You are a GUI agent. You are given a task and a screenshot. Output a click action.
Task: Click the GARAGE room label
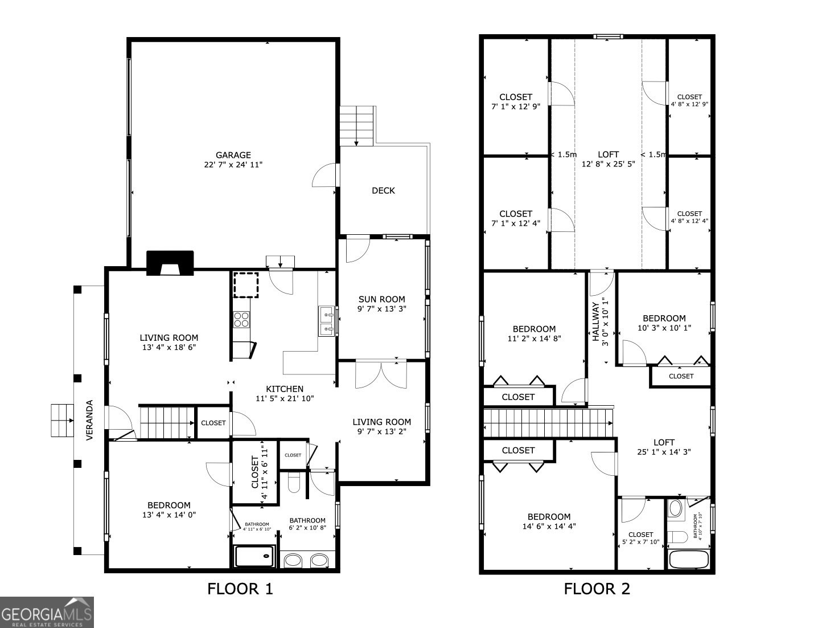click(233, 155)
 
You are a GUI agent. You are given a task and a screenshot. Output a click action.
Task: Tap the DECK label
click(383, 190)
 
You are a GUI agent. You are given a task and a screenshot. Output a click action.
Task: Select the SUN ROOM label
click(381, 299)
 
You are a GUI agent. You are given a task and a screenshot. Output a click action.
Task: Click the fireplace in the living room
click(170, 263)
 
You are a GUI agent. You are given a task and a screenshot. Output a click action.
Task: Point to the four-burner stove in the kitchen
click(241, 319)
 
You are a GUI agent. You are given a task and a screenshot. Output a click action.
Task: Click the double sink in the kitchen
click(327, 321)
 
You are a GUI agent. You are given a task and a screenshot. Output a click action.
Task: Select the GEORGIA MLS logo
click(47, 613)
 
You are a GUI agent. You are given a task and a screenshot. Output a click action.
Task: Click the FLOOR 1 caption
click(240, 589)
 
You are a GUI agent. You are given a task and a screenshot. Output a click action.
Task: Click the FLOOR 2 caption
click(597, 589)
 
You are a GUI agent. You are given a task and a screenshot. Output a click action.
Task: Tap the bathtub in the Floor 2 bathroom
click(689, 559)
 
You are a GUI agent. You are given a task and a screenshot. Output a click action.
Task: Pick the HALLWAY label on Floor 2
click(596, 321)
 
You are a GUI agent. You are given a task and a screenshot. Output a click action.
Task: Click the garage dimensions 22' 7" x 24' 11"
click(233, 165)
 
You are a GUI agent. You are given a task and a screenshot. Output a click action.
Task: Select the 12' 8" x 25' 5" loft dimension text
click(608, 164)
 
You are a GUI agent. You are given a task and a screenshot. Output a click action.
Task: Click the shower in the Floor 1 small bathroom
click(254, 556)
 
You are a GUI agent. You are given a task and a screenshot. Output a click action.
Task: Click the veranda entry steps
click(62, 421)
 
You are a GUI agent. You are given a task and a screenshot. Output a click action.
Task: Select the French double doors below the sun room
click(381, 374)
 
